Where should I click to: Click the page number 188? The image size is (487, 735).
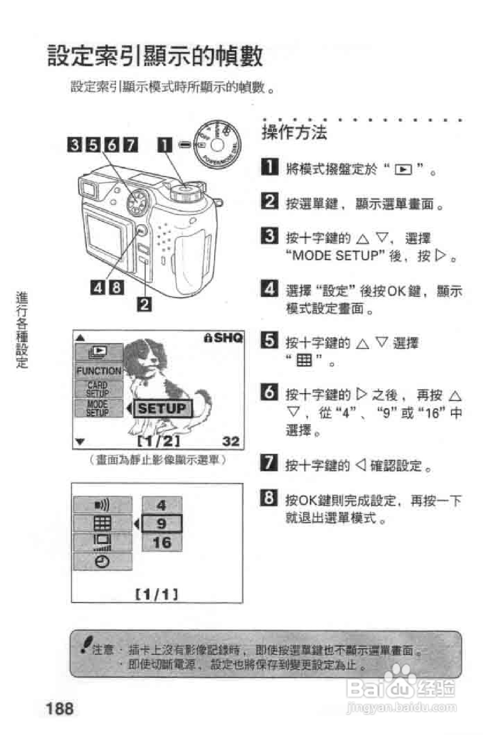(x=59, y=709)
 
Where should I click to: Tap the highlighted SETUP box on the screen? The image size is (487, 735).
(x=162, y=408)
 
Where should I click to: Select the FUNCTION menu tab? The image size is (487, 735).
(x=98, y=371)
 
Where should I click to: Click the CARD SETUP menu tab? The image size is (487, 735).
(x=98, y=389)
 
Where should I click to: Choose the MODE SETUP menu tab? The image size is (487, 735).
(x=98, y=408)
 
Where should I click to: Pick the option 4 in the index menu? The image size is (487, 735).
(x=162, y=505)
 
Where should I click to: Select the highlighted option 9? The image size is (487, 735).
(x=162, y=524)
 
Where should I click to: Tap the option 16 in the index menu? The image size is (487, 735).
(x=162, y=543)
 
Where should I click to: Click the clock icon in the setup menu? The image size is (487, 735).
(x=102, y=562)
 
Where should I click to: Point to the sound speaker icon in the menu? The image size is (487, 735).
(x=102, y=505)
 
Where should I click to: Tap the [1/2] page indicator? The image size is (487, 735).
(x=158, y=441)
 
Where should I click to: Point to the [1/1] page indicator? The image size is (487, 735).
(x=157, y=593)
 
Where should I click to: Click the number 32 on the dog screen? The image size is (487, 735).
(x=231, y=441)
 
